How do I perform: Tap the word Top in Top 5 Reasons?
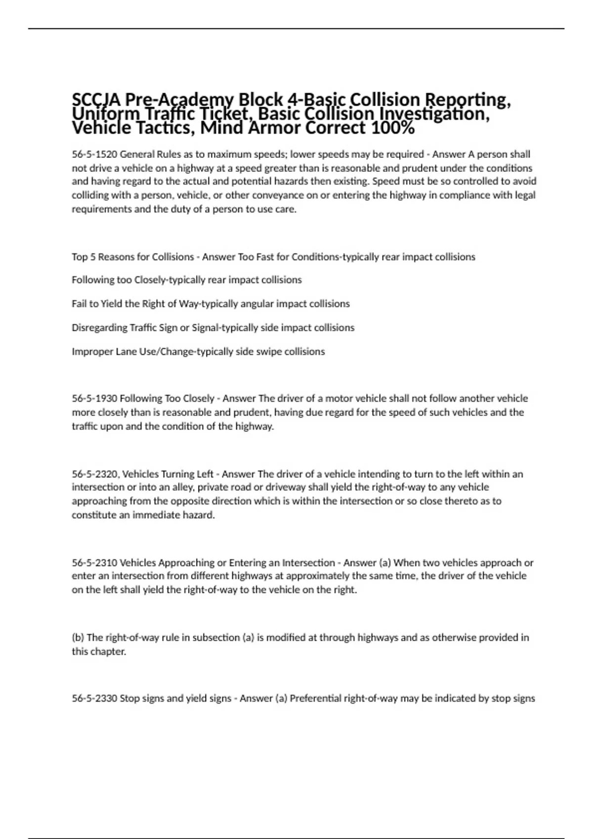click(80, 257)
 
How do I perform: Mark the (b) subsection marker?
click(78, 637)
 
